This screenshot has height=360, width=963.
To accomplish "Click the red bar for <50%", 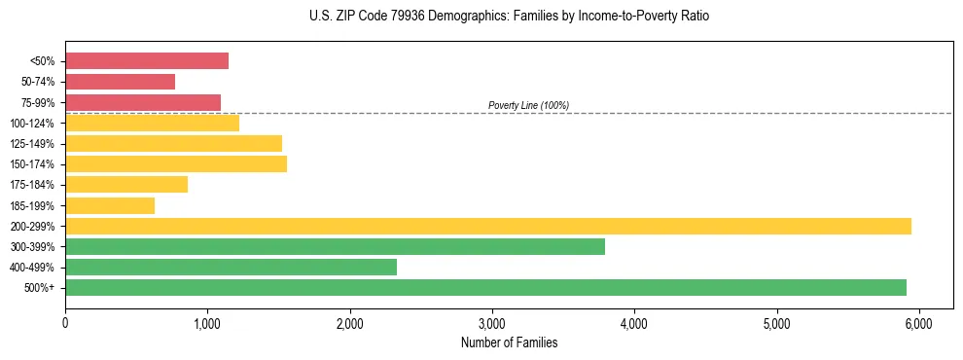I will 147,61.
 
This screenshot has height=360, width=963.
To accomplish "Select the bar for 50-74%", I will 121,82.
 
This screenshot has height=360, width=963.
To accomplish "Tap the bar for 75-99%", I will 143,102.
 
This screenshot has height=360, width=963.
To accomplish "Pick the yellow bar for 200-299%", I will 488,226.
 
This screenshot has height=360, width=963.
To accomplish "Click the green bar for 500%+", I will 485,287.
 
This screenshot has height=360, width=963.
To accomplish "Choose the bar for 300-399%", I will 335,246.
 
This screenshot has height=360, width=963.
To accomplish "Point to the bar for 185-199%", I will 110,205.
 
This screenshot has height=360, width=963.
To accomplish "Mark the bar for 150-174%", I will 176,164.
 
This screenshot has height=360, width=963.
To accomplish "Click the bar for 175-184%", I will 126,185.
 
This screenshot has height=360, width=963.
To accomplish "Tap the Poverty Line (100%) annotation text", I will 528,105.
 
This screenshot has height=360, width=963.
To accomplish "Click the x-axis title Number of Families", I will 509,342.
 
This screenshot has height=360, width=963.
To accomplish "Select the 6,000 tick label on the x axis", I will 918,323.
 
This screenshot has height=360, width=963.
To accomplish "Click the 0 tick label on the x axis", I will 65,323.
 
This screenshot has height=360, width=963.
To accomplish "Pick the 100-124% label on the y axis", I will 32,124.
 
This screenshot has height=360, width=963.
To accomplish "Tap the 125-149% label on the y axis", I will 32,144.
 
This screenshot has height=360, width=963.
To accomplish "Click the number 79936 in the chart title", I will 401,17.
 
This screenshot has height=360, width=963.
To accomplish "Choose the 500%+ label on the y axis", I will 40,288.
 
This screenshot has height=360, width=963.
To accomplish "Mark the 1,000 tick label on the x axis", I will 207,323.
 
